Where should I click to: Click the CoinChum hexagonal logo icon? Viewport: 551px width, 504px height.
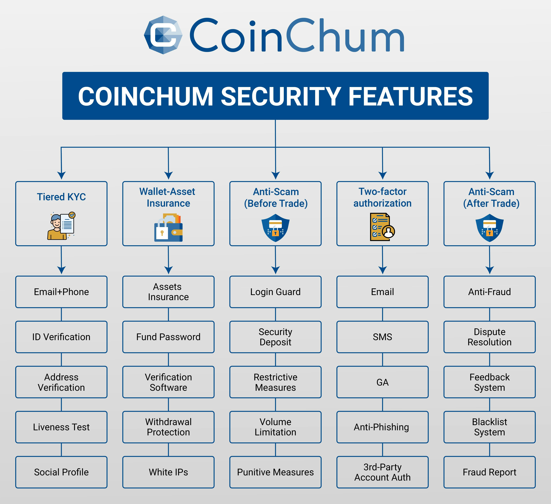[163, 35]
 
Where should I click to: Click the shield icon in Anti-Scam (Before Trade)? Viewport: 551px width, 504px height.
[276, 228]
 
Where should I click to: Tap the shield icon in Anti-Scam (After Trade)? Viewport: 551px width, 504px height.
[490, 228]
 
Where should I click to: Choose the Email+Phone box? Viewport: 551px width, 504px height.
[61, 292]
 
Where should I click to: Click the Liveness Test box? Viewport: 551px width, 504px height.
[61, 427]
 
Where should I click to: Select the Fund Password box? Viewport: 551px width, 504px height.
[168, 337]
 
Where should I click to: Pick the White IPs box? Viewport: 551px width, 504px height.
[168, 472]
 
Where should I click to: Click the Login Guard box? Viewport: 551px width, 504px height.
[276, 292]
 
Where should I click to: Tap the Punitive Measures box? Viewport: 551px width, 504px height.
[276, 472]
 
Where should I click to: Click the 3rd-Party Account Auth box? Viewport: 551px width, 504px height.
[382, 472]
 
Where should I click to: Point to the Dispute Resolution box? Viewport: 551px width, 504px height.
[490, 337]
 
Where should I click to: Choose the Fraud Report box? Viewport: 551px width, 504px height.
[490, 472]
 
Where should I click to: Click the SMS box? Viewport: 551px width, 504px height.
[382, 337]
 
